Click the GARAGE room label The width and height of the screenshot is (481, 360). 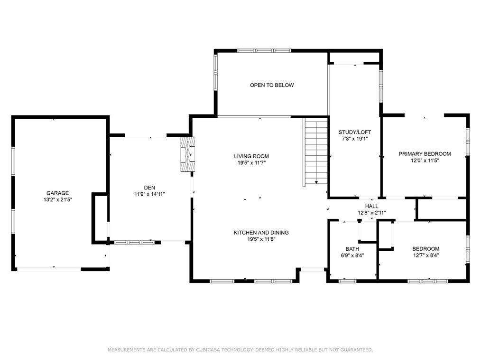pyautogui.click(x=58, y=193)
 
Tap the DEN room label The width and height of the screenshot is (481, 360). pyautogui.click(x=150, y=188)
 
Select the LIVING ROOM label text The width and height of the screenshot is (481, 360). pyautogui.click(x=251, y=156)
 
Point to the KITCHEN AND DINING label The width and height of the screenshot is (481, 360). pyautogui.click(x=261, y=233)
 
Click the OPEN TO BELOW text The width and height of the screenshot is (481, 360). pyautogui.click(x=272, y=85)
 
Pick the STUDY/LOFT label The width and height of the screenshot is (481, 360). pyautogui.click(x=355, y=132)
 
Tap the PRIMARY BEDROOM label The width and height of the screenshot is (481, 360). pyautogui.click(x=425, y=154)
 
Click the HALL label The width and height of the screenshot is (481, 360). pyautogui.click(x=372, y=207)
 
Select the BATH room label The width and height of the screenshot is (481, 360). pyautogui.click(x=352, y=249)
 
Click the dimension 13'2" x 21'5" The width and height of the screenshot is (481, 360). pyautogui.click(x=58, y=199)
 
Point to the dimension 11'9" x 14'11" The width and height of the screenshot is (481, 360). pyautogui.click(x=150, y=194)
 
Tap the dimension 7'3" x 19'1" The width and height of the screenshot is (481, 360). pyautogui.click(x=355, y=139)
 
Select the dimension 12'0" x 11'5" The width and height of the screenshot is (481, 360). pyautogui.click(x=425, y=161)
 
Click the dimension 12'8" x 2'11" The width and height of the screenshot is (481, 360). pyautogui.click(x=372, y=213)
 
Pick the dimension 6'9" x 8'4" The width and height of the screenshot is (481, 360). pyautogui.click(x=352, y=256)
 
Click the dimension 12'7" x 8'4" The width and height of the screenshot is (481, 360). pyautogui.click(x=426, y=256)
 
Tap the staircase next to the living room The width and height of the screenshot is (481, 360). pyautogui.click(x=315, y=152)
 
